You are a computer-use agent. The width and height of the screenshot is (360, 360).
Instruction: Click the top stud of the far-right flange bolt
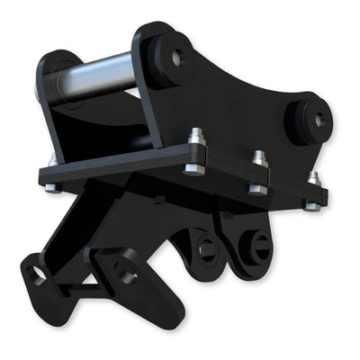click(313, 176)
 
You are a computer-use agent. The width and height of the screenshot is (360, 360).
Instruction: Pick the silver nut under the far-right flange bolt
click(310, 206)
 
